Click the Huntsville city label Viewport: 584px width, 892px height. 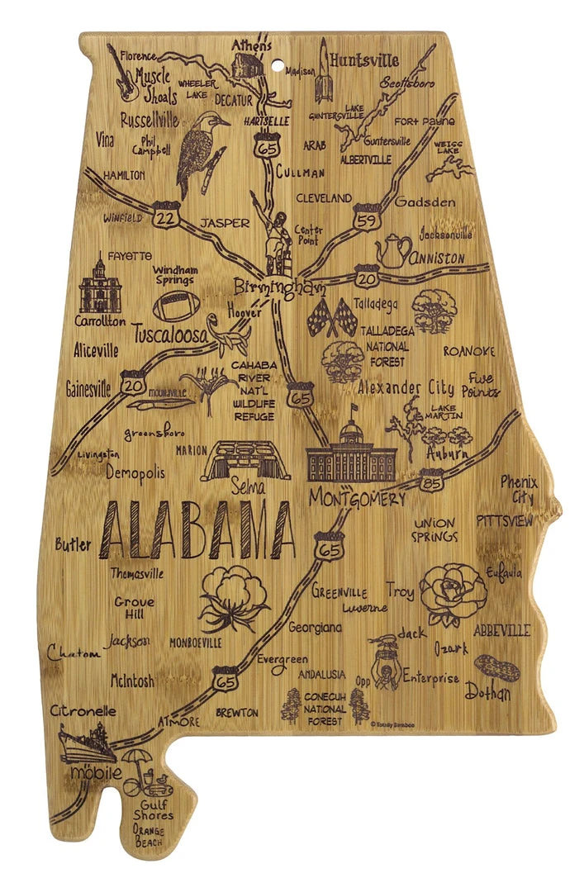tap(363, 59)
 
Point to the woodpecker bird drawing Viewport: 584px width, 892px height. tap(200, 149)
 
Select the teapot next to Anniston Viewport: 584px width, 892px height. tap(393, 250)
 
